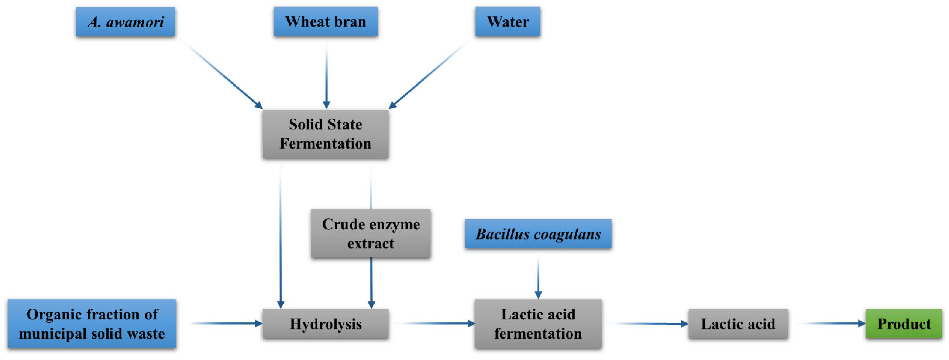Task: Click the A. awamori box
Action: click(126, 22)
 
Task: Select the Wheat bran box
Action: click(326, 21)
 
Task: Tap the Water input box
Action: click(508, 21)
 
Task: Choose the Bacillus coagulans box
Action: click(538, 234)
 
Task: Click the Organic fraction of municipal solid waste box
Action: click(92, 324)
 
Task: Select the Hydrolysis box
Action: click(325, 324)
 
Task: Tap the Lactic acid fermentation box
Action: click(538, 324)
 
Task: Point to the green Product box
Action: click(904, 324)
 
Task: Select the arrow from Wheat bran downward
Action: click(327, 74)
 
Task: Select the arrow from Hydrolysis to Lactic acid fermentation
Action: click(435, 323)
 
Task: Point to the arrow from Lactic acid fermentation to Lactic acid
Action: click(648, 323)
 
